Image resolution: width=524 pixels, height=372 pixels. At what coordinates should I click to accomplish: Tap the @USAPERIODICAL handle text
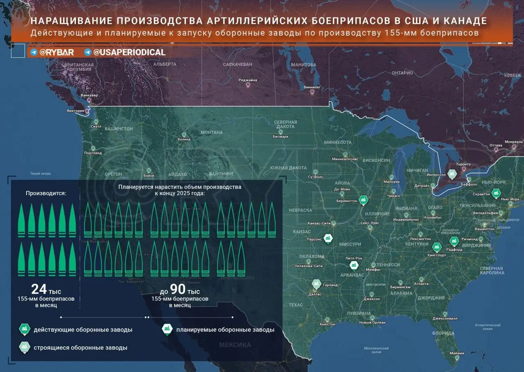tap(129, 52)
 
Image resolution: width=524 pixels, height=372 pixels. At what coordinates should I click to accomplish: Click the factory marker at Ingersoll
tap(452, 175)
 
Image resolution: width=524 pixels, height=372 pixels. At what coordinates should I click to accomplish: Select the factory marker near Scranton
tap(496, 193)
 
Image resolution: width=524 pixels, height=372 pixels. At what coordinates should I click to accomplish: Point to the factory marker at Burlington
tap(363, 200)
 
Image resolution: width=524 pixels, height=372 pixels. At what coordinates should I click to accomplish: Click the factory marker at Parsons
tap(327, 238)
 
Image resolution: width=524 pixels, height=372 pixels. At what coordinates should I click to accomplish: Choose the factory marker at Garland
tap(316, 284)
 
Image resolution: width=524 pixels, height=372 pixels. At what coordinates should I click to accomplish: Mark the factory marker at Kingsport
tap(437, 247)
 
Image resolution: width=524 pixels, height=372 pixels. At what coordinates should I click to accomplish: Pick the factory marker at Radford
tap(453, 241)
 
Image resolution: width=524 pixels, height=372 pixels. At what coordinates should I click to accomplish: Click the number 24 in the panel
tap(39, 289)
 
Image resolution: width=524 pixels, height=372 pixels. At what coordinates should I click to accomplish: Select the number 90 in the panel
tap(178, 289)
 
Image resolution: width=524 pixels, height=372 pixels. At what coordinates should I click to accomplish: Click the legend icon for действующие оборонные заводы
tap(24, 329)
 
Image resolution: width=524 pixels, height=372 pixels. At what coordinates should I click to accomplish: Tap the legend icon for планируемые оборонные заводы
tap(167, 329)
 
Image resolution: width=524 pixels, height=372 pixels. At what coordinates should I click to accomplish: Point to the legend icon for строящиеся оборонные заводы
tap(24, 347)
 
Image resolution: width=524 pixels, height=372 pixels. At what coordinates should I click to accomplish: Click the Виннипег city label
tap(312, 87)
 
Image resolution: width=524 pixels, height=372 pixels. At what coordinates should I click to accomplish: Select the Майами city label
tap(456, 353)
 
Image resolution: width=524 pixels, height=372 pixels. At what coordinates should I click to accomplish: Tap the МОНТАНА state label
tap(212, 132)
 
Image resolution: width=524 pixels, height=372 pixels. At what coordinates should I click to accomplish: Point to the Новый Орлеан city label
tap(372, 322)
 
